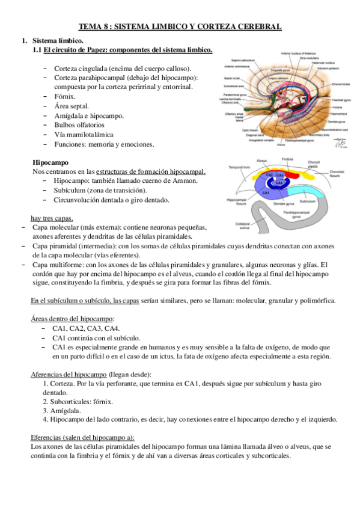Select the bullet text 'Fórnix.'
(x=65, y=96)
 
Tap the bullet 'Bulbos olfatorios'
(x=81, y=125)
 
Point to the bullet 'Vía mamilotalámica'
(x=84, y=135)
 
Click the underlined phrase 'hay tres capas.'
(x=52, y=218)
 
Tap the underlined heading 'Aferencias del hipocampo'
(x=69, y=374)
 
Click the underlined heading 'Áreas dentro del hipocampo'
(x=73, y=318)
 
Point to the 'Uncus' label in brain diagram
(x=281, y=144)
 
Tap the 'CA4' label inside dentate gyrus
(x=279, y=182)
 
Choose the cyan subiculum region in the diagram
(x=304, y=192)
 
